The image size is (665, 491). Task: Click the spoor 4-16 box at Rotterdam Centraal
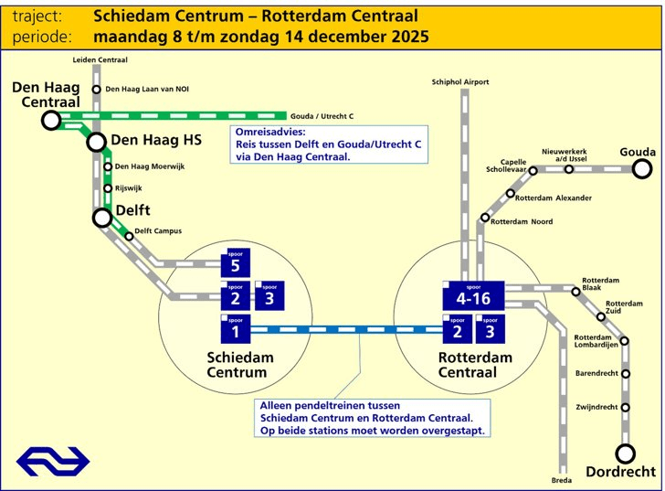(x=473, y=294)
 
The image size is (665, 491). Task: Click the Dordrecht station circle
(x=626, y=454)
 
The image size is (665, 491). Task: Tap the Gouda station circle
(x=642, y=168)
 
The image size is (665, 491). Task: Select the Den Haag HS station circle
(x=97, y=142)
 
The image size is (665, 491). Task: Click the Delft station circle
(x=102, y=218)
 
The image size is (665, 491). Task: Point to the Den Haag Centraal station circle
(x=51, y=120)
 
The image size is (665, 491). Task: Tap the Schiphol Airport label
(x=460, y=82)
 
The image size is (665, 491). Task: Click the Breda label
(x=562, y=480)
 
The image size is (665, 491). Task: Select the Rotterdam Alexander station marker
(x=511, y=193)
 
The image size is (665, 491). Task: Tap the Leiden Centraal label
(x=100, y=59)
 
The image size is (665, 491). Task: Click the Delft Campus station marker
(x=129, y=236)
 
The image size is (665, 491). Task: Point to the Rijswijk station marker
(x=108, y=188)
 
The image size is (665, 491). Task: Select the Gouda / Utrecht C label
(x=322, y=117)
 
